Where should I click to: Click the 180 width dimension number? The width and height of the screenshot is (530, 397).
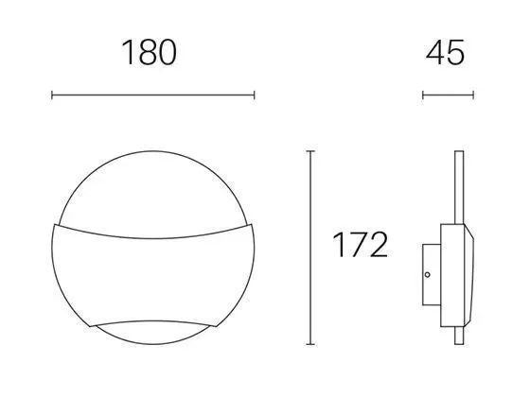click(150, 53)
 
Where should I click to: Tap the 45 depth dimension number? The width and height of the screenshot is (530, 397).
click(447, 53)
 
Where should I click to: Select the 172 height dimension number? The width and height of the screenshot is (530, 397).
click(360, 246)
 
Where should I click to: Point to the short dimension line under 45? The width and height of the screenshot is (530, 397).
click(449, 95)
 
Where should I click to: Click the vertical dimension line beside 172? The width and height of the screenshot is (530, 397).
click(310, 248)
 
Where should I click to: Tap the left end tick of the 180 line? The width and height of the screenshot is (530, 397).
click(51, 95)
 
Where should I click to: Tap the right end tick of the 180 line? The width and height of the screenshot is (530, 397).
click(254, 95)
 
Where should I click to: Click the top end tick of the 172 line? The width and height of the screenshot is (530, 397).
click(310, 151)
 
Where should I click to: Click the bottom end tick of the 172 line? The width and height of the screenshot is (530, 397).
click(310, 345)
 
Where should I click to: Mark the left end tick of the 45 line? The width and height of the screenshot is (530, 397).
click(423, 95)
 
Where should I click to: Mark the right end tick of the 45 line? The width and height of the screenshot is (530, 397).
click(474, 95)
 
